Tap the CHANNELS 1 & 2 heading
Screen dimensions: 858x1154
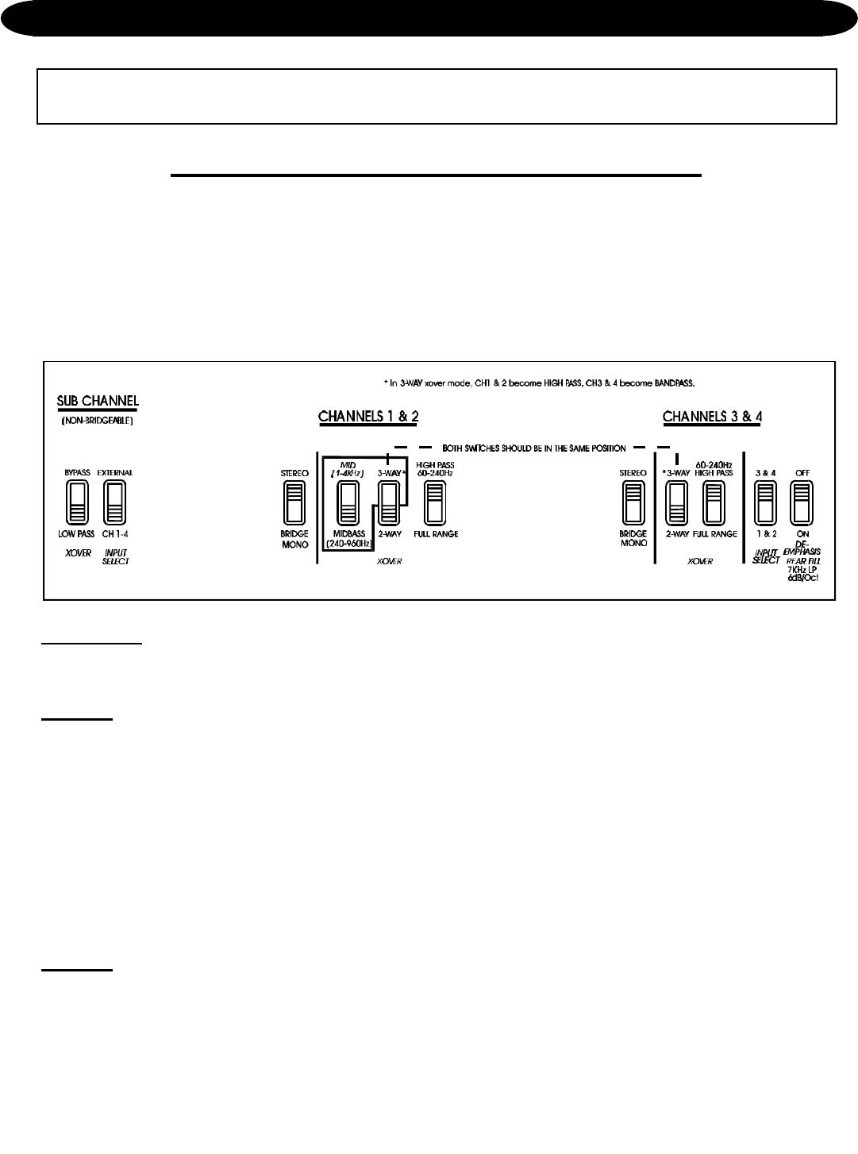pos(368,416)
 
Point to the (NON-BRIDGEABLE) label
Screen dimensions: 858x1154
pos(97,421)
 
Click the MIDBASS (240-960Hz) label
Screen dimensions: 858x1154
pos(347,539)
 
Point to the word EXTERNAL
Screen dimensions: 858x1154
pos(115,472)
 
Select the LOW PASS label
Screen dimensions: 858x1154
pos(76,534)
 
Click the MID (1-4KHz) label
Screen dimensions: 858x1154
pos(347,468)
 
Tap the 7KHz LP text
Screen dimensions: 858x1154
pos(802,570)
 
